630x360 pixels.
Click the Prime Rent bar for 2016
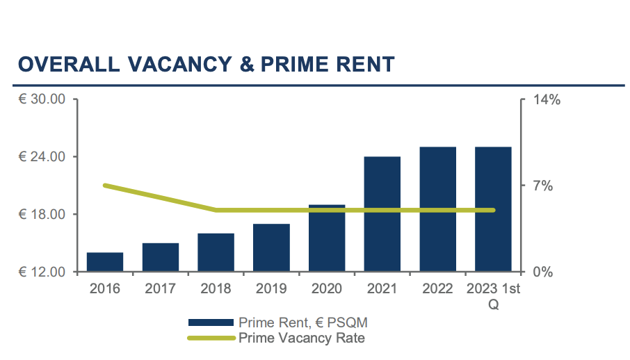[105, 262]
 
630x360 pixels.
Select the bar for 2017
[161, 257]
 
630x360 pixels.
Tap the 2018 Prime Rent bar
[216, 252]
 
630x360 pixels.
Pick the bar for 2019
[271, 247]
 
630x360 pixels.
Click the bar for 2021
[382, 214]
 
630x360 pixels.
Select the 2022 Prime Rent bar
[437, 209]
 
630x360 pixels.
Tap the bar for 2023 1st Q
[493, 209]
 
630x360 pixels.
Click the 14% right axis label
[546, 99]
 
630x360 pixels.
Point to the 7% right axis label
[542, 186]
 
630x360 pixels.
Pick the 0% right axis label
[542, 272]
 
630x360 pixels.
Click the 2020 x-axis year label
[327, 288]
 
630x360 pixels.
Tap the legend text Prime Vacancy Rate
[302, 338]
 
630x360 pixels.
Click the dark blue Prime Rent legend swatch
[211, 323]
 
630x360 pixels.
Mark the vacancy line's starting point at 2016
[105, 186]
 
